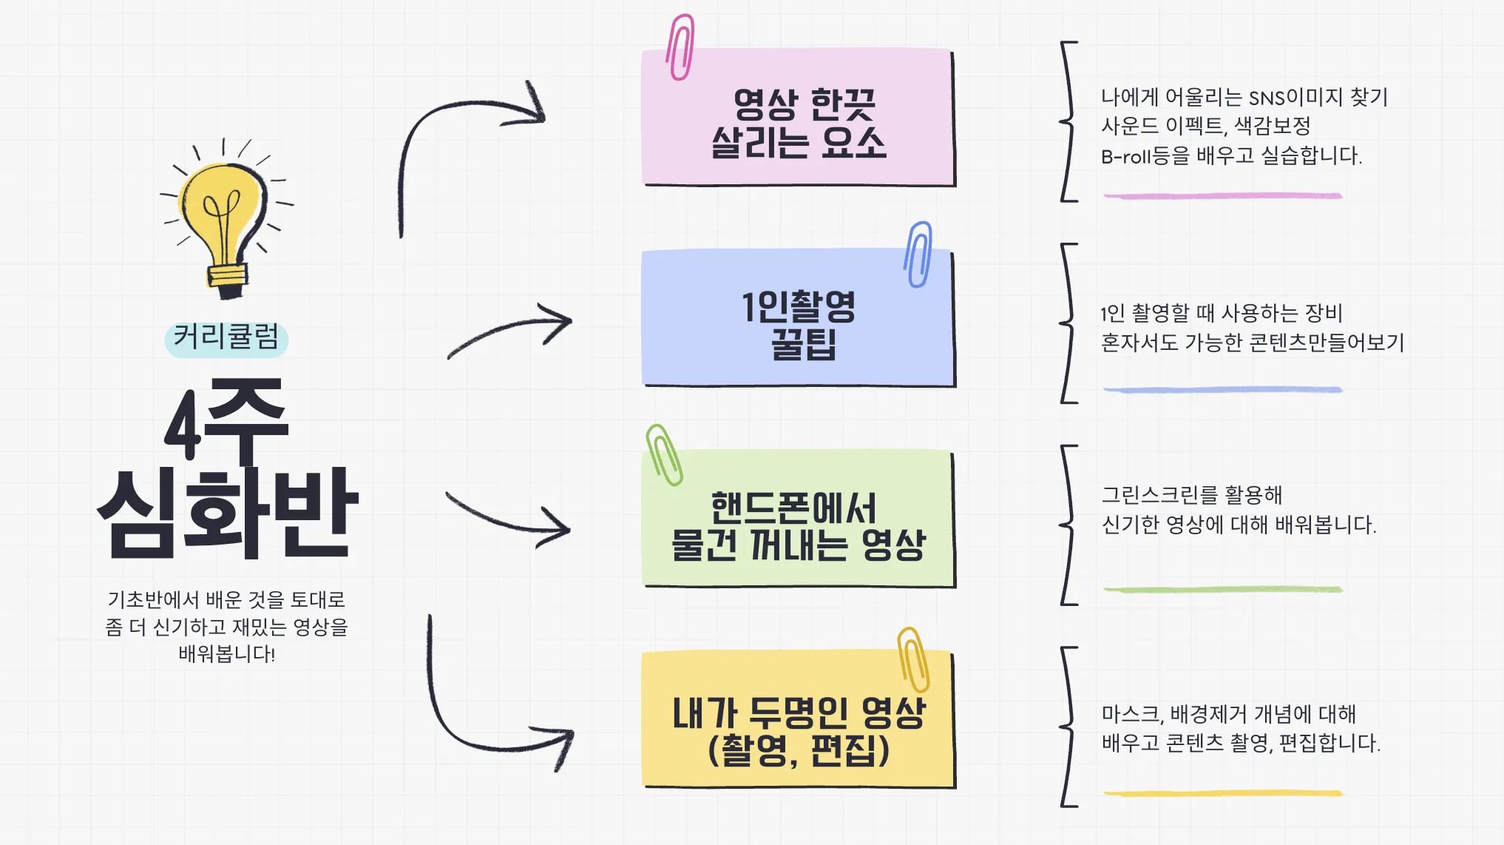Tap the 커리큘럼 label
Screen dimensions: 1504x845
tap(226, 337)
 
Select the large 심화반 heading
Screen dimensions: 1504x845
tap(228, 513)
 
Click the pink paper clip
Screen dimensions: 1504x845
tap(680, 47)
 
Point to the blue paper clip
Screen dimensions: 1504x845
tap(918, 254)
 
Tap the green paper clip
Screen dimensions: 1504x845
tap(664, 454)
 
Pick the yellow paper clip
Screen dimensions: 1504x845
tap(913, 659)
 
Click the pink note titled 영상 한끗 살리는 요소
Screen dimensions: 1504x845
tap(799, 118)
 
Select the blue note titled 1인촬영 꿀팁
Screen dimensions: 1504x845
tap(799, 318)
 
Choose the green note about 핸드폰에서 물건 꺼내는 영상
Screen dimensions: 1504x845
tap(799, 519)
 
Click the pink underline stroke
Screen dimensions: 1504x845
tap(1223, 196)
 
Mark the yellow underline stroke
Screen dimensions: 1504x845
tap(1223, 793)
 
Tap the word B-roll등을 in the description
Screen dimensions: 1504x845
tap(1145, 156)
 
